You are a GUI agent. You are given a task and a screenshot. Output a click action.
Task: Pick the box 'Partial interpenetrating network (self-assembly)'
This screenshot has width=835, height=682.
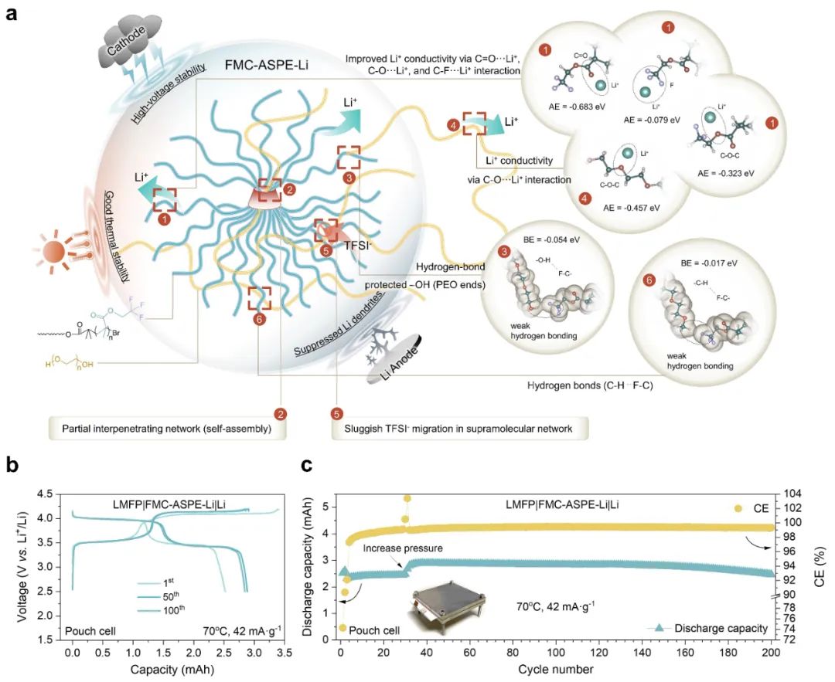click(x=162, y=427)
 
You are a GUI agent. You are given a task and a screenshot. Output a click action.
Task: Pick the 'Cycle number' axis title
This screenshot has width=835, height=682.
click(x=557, y=668)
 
